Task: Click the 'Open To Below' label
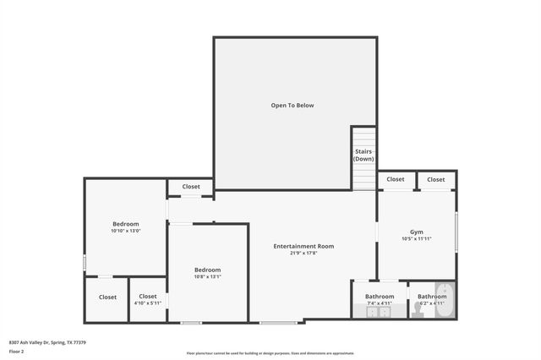point(292,106)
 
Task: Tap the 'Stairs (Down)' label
point(363,155)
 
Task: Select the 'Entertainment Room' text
point(303,246)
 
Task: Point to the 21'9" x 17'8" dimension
point(303,253)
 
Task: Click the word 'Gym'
point(417,232)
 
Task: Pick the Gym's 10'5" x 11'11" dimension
point(417,239)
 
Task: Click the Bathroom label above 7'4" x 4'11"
point(380,297)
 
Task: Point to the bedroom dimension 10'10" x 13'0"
point(125,231)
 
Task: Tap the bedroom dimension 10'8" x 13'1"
point(208,276)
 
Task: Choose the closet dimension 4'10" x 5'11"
point(148,303)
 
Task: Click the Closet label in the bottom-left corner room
point(107,297)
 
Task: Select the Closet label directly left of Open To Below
point(191,187)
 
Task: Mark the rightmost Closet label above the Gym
point(436,179)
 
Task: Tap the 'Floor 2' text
point(16,351)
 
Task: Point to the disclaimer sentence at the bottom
point(270,353)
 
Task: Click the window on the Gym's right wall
point(456,232)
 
